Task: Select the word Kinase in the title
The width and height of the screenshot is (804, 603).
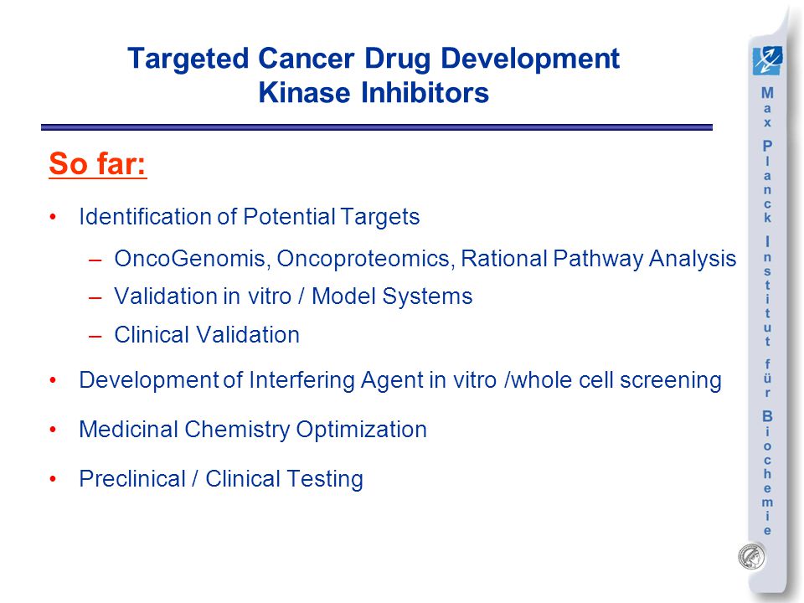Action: click(305, 92)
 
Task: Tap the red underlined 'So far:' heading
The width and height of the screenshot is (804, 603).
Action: click(98, 163)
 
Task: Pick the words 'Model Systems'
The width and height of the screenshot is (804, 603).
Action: click(392, 296)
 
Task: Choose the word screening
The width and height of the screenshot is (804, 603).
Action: click(671, 380)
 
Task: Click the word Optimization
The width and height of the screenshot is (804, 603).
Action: click(362, 430)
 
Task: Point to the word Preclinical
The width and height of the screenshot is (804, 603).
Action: click(131, 479)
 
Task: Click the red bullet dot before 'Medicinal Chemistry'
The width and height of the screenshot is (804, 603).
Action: click(53, 430)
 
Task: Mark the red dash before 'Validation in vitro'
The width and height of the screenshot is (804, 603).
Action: click(95, 296)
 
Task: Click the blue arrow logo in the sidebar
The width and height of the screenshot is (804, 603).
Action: click(768, 60)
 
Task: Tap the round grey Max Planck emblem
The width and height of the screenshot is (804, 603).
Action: click(752, 557)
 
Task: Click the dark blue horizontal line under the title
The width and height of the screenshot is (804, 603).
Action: click(377, 127)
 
